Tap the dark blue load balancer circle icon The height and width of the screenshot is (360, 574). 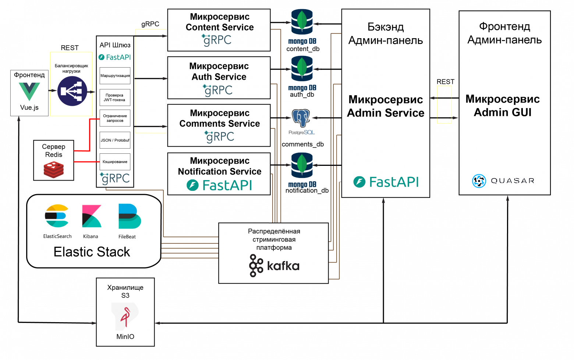point(72,91)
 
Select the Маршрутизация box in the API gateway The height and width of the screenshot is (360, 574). point(115,76)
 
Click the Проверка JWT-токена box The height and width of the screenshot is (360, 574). point(115,97)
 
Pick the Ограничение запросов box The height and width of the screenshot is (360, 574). point(115,118)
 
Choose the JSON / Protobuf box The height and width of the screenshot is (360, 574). point(115,140)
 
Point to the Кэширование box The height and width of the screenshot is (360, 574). point(115,162)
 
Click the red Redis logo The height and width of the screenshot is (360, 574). point(54,170)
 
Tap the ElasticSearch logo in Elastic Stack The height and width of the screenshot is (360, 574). point(57,216)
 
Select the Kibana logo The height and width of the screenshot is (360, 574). point(91,216)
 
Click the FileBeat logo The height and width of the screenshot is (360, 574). point(129,216)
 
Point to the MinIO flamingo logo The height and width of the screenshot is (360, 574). point(125,316)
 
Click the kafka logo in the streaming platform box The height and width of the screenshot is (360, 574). point(274,265)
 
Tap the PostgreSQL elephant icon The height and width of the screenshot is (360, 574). point(301,118)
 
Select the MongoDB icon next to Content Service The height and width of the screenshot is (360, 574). point(302,23)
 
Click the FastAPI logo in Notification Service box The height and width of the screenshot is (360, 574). point(220,185)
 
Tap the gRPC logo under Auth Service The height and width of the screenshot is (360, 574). point(218,90)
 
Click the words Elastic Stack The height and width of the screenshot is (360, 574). point(92,252)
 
